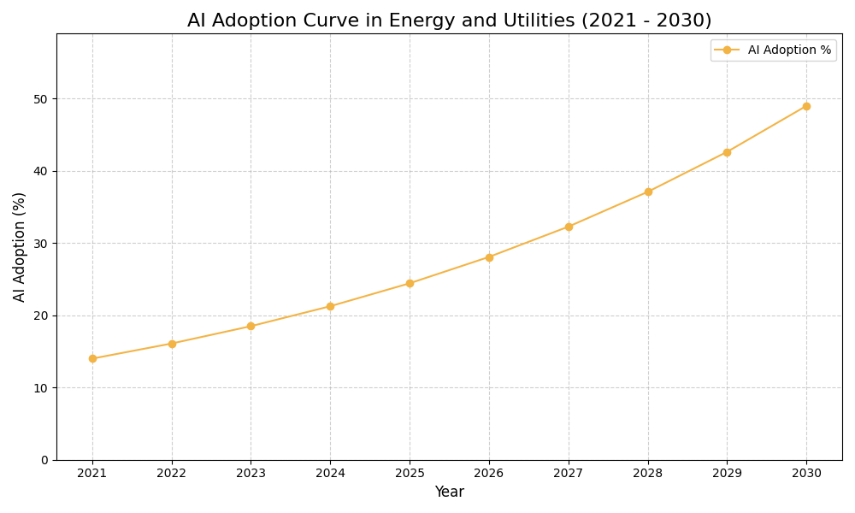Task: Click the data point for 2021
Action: pyautogui.click(x=92, y=358)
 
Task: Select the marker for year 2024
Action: pyautogui.click(x=330, y=306)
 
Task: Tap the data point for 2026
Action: pyautogui.click(x=489, y=257)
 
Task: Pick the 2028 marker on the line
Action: pyautogui.click(x=648, y=192)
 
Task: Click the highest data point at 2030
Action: pyautogui.click(x=806, y=106)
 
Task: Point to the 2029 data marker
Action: pyautogui.click(x=727, y=152)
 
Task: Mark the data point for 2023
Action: pyautogui.click(x=251, y=326)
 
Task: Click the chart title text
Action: pyautogui.click(x=449, y=21)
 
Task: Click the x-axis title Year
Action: pyautogui.click(x=449, y=492)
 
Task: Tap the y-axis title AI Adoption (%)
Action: pyautogui.click(x=20, y=246)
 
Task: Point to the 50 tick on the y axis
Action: pyautogui.click(x=40, y=99)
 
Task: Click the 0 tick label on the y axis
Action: pyautogui.click(x=44, y=460)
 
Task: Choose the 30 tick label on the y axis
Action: pyautogui.click(x=40, y=244)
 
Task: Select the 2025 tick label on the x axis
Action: pyautogui.click(x=410, y=473)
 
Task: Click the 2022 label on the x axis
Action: pyautogui.click(x=172, y=473)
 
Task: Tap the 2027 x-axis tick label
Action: pyautogui.click(x=569, y=473)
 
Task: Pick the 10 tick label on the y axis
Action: pyautogui.click(x=40, y=388)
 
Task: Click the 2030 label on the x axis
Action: pyautogui.click(x=806, y=473)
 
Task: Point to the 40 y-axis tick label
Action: pyautogui.click(x=40, y=171)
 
